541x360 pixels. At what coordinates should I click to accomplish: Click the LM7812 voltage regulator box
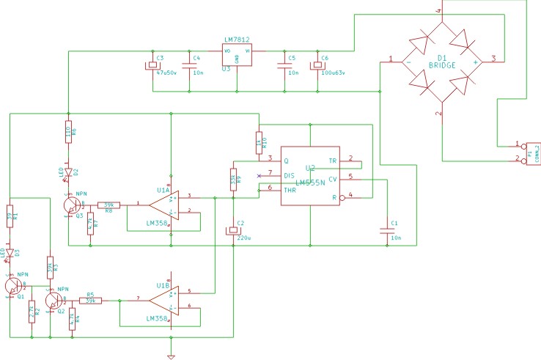pyautogui.click(x=237, y=55)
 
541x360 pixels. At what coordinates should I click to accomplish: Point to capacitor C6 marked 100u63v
pyautogui.click(x=317, y=65)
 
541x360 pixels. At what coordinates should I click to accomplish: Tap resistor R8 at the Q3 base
pyautogui.click(x=108, y=205)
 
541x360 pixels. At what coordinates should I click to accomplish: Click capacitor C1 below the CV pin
pyautogui.click(x=386, y=230)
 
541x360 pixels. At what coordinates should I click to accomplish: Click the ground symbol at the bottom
pyautogui.click(x=171, y=356)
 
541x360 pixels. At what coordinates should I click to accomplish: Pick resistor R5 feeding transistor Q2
pyautogui.click(x=89, y=300)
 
